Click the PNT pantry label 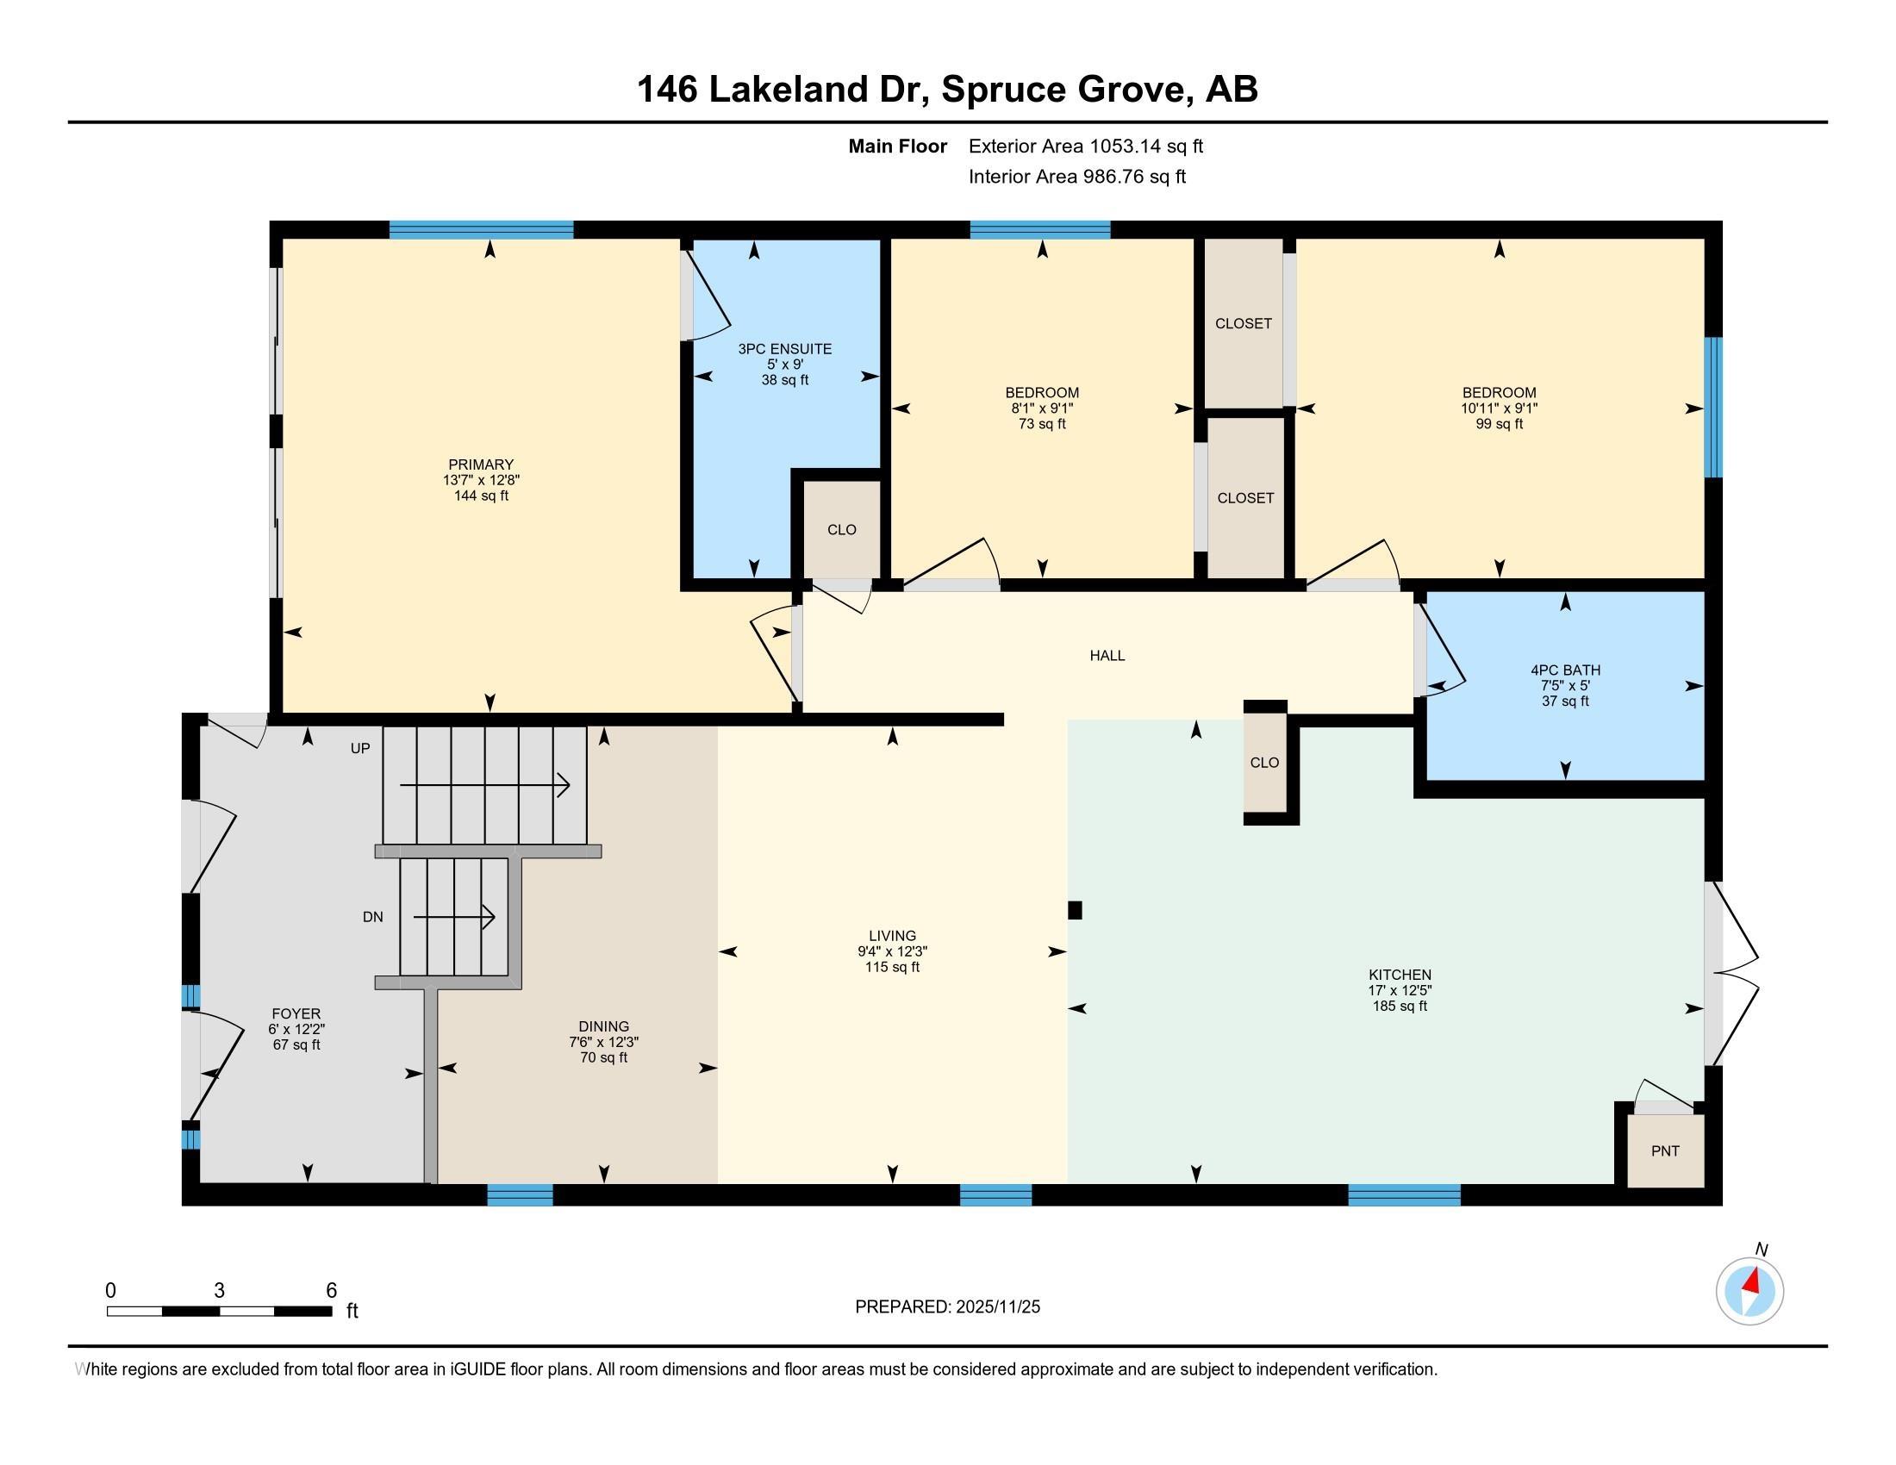pos(1665,1150)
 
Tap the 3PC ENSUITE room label pos(785,349)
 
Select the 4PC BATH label pos(1565,670)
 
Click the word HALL pos(1107,655)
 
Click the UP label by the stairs pos(360,748)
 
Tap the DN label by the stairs pos(372,917)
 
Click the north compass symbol pos(1750,1292)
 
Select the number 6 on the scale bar pos(331,1291)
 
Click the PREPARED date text pos(947,1306)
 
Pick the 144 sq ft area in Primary pos(481,496)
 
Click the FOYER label pos(296,1013)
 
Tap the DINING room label pos(603,1026)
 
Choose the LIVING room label pos(893,936)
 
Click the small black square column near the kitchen pos(1075,909)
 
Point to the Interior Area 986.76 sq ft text pos(1077,177)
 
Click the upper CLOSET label pos(1243,323)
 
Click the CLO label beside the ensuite pos(841,529)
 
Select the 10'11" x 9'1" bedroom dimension pos(1500,408)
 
